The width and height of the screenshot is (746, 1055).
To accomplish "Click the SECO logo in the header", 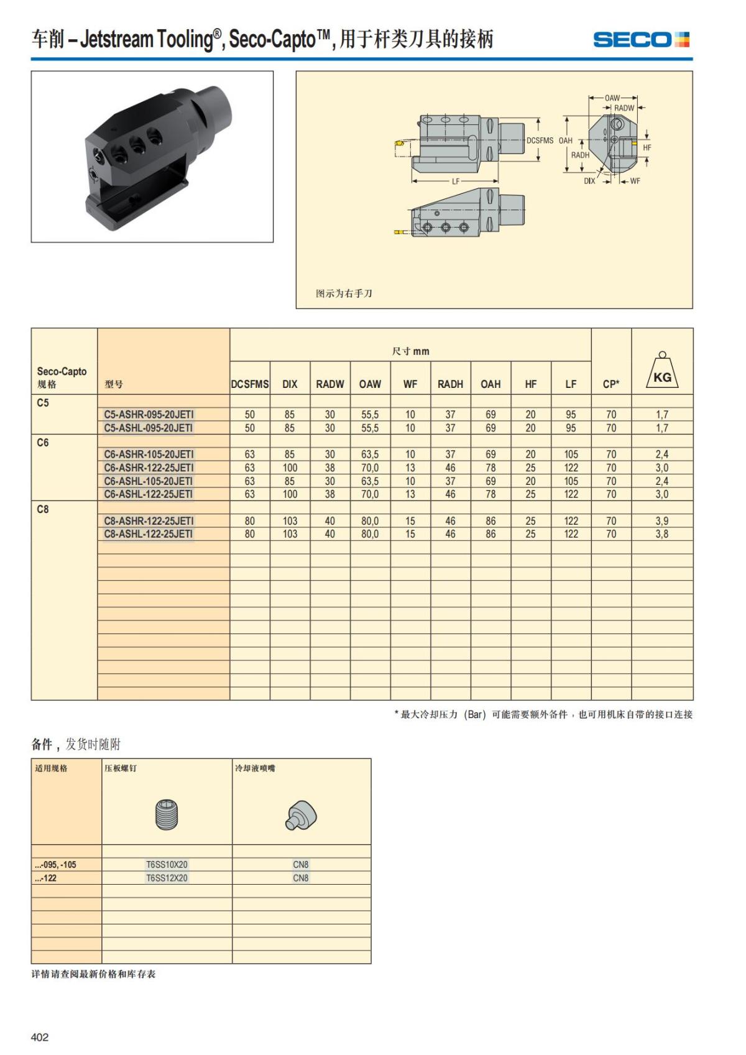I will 641,40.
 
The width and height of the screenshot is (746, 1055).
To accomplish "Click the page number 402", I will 40,1037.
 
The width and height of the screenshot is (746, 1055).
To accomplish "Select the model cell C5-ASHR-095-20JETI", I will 149,415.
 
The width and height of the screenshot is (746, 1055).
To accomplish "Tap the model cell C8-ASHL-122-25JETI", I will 149,534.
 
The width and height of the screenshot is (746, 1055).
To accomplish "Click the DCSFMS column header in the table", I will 250,384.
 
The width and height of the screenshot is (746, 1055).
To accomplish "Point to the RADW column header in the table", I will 329,384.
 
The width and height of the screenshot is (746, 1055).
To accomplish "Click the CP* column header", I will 611,384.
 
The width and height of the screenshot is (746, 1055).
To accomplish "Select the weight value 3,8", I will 662,534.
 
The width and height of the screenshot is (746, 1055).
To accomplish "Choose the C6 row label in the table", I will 43,443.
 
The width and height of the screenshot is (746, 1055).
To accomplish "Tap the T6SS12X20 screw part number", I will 167,878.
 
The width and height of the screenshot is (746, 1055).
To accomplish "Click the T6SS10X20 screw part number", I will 167,865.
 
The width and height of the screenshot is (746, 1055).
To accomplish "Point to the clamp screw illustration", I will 167,814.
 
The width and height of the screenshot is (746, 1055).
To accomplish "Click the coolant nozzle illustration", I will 302,815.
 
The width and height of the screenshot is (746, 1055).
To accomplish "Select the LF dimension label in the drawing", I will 456,182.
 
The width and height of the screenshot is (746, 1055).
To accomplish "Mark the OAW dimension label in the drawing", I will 612,98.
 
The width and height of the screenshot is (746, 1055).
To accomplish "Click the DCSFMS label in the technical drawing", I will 540,141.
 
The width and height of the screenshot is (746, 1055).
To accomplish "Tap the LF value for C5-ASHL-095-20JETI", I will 571,428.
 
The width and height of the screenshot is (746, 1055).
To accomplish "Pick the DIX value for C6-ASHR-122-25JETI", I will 290,468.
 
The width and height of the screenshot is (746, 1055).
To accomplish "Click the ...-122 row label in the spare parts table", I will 46,878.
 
